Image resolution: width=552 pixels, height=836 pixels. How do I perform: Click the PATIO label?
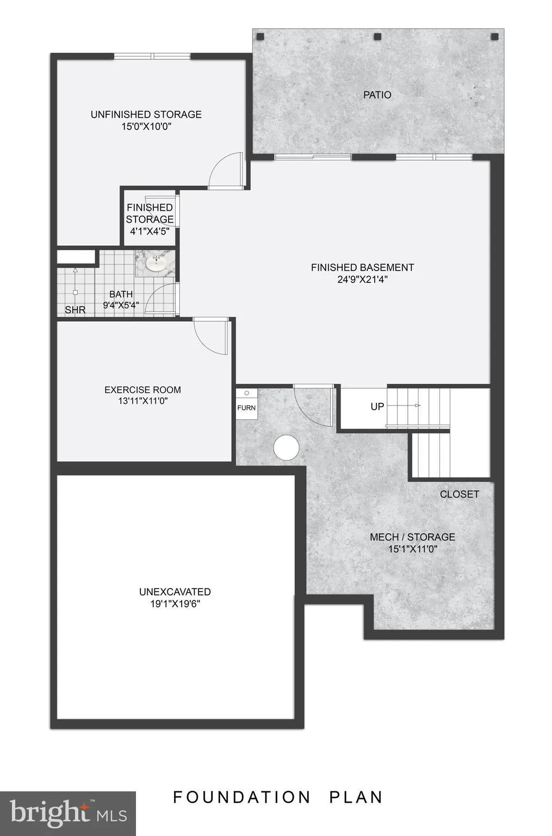tap(377, 95)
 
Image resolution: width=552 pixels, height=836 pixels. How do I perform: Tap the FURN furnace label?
tap(246, 408)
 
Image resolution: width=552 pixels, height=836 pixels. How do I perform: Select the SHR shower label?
tap(75, 310)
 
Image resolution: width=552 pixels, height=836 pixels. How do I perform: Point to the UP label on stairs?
tap(377, 407)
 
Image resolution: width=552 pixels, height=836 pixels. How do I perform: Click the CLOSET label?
tap(460, 494)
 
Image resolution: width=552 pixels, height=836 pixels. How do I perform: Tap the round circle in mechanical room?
tap(286, 447)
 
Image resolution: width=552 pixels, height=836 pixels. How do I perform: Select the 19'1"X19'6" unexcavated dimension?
tap(175, 604)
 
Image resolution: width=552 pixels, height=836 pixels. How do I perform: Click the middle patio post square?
tap(377, 37)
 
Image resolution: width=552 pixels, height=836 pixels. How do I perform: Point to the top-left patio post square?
tap(261, 37)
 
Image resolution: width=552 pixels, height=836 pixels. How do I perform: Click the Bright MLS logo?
tap(68, 813)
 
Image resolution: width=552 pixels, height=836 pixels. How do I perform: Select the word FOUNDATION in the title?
tap(241, 797)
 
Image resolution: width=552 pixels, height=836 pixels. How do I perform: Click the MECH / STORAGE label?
tap(412, 537)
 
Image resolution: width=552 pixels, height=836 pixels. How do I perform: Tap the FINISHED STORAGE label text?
tap(150, 213)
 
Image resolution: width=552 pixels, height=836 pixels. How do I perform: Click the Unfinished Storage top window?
tap(152, 56)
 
